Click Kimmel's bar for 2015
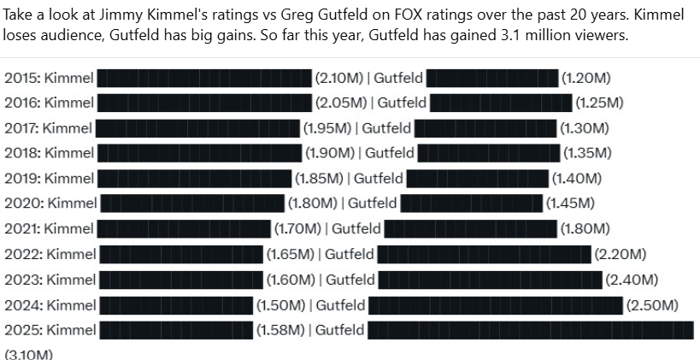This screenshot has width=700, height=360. [x=204, y=78]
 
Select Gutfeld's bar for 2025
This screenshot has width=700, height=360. [x=530, y=330]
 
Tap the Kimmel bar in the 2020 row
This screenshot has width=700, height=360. [x=191, y=204]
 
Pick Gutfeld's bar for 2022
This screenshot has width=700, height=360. [x=484, y=254]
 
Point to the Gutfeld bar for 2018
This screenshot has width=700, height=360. [x=488, y=153]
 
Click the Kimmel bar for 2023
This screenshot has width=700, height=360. [x=180, y=280]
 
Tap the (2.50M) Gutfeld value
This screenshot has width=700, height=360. [x=652, y=305]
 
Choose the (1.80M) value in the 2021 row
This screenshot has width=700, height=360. [x=583, y=229]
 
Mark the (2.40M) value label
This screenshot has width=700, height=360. [x=631, y=280]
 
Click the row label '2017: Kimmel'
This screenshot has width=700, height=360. [x=48, y=128]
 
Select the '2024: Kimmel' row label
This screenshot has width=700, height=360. [x=50, y=305]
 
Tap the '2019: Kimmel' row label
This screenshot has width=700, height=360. [x=49, y=179]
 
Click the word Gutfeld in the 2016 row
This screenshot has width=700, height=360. [x=402, y=103]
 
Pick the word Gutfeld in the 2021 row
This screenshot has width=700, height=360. [x=356, y=229]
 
